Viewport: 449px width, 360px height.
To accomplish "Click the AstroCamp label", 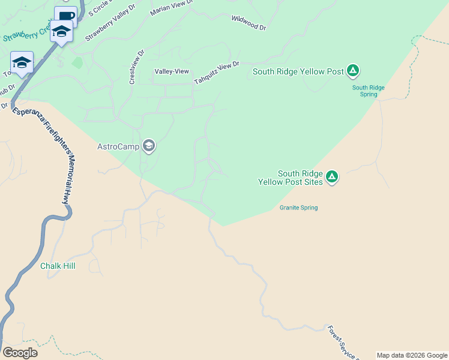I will pos(118,146).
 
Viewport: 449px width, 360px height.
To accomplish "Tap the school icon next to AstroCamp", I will pos(149,146).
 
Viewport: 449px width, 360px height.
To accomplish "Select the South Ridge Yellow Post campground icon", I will pos(354,71).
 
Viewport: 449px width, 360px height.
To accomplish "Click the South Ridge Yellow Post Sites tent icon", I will pos(332,177).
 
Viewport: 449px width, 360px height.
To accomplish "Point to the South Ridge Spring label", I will pos(369,91).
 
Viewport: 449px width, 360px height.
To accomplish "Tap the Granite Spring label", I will pos(298,208).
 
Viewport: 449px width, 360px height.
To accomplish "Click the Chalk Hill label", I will pos(58,266).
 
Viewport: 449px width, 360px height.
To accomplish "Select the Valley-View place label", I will pos(172,71).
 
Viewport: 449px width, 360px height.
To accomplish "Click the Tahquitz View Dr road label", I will pos(216,73).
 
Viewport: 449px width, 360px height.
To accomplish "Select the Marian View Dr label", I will pos(172,8).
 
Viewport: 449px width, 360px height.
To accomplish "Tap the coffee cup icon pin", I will pos(66,16).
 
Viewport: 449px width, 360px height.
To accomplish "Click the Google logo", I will pos(20,352).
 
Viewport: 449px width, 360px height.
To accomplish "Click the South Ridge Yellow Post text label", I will pos(298,71).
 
